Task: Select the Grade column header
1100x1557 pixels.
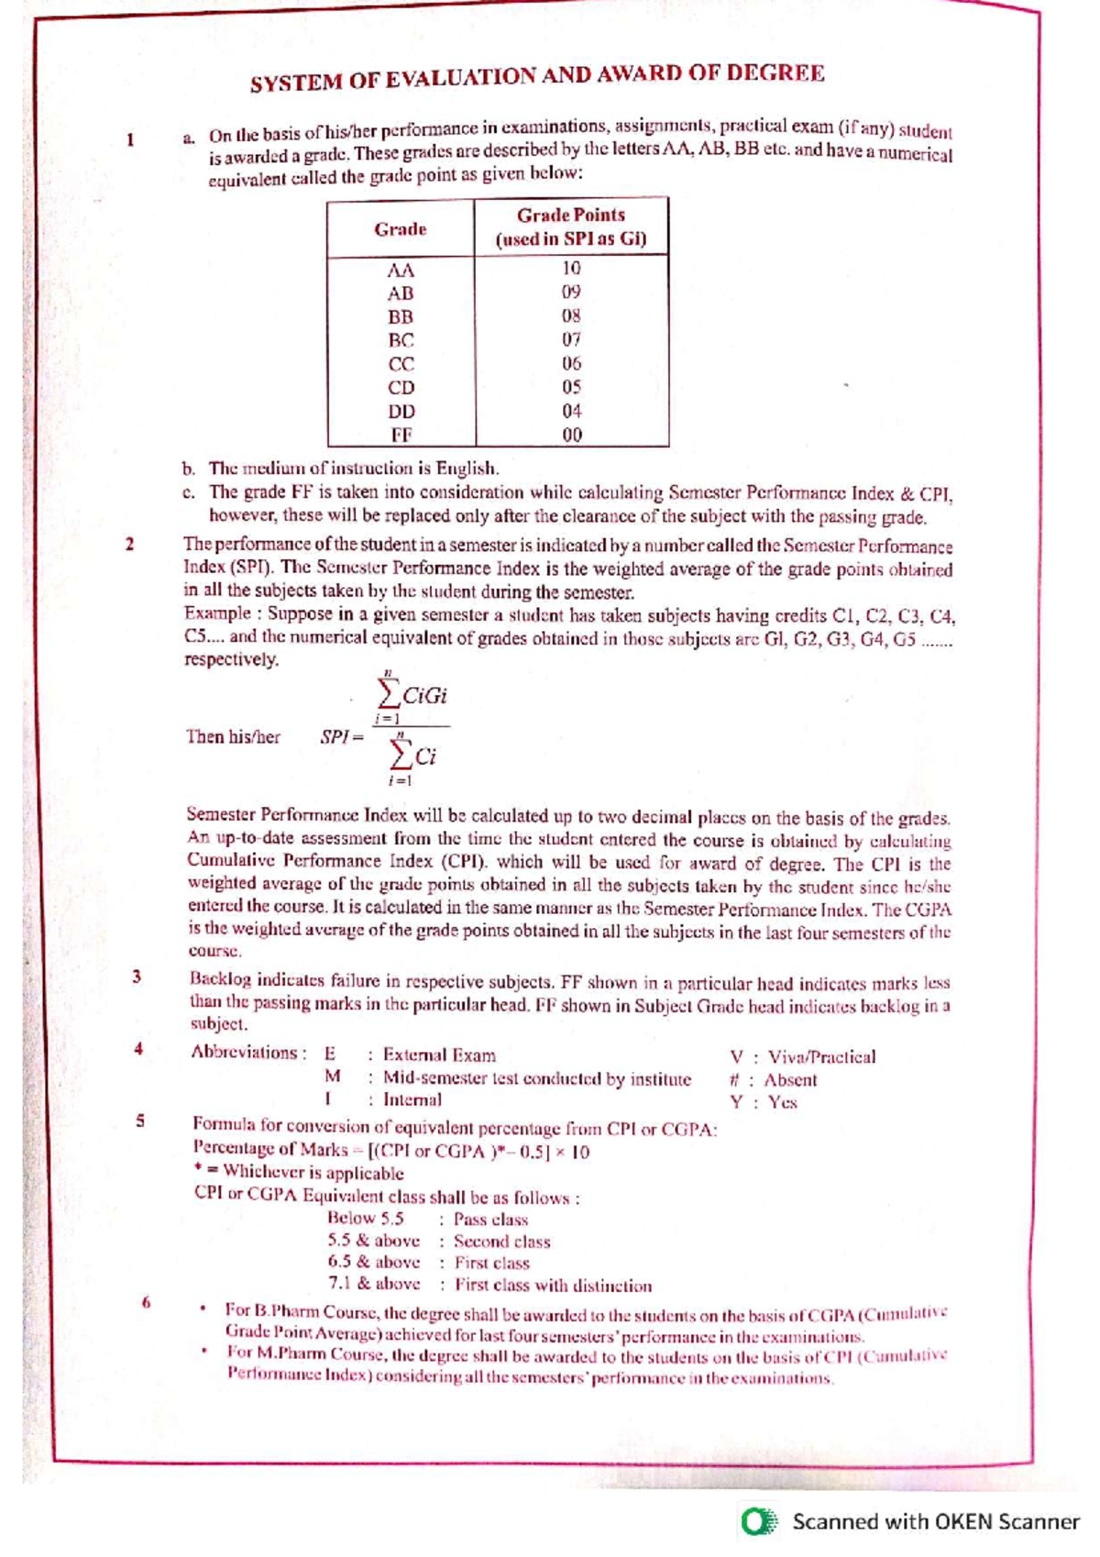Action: point(401,229)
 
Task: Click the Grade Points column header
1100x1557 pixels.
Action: point(571,226)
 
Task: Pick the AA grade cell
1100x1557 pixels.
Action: point(401,271)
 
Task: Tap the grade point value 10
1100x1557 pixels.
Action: point(571,268)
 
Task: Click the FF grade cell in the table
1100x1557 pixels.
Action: point(401,435)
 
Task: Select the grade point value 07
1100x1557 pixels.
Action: point(571,339)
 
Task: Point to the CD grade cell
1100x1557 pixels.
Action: point(401,388)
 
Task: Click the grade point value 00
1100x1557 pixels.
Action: point(571,435)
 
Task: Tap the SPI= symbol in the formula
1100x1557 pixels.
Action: point(342,736)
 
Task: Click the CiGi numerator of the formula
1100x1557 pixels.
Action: point(424,695)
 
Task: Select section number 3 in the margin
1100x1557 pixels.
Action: point(137,977)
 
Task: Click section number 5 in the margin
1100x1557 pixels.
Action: point(139,1120)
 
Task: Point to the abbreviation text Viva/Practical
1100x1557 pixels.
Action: point(821,1057)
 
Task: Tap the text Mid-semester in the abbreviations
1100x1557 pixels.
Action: point(427,1078)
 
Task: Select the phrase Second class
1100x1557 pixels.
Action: point(501,1242)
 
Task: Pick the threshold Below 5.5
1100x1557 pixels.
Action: point(366,1219)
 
